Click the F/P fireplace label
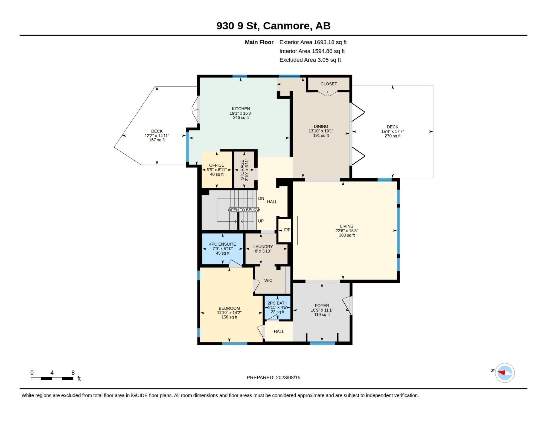(287, 230)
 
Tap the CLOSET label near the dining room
(328, 84)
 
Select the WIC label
(268, 280)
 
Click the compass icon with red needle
(505, 373)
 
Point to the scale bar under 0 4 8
(52, 379)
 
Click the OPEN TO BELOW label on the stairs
(244, 210)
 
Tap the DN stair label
(261, 198)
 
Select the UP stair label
(261, 221)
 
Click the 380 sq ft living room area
(347, 235)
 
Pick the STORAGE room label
(242, 170)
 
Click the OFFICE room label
(217, 165)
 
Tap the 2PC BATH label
(277, 303)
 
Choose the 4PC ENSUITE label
(223, 244)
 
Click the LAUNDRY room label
(263, 246)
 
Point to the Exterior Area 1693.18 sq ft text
(313, 42)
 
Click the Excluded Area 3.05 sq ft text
(310, 60)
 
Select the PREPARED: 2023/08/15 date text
(273, 377)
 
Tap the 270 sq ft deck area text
(392, 136)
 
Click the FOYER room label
(322, 306)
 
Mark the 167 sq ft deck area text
(157, 140)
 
